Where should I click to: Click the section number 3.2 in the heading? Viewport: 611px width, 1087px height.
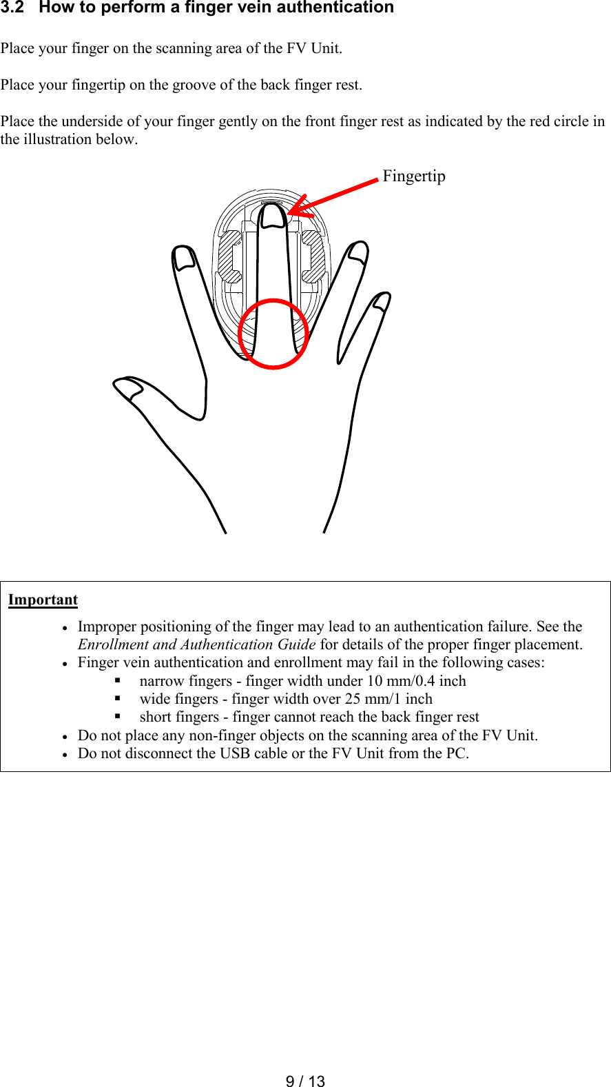tap(12, 8)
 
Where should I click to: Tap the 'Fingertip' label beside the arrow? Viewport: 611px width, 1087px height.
tap(414, 176)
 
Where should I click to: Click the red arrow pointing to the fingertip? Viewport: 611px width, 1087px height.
tap(335, 196)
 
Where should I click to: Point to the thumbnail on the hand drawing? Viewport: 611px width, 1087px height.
tap(128, 389)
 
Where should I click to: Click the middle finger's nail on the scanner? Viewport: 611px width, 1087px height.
tap(273, 216)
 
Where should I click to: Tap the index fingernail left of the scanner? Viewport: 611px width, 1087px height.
tap(184, 258)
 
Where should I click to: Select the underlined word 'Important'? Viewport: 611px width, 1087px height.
tap(43, 600)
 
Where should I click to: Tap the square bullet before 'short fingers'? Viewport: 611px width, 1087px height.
tap(118, 717)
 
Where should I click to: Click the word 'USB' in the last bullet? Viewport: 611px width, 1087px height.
tap(235, 753)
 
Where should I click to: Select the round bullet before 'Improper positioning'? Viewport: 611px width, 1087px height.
tap(64, 628)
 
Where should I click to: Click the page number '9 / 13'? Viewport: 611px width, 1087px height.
tap(305, 1081)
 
